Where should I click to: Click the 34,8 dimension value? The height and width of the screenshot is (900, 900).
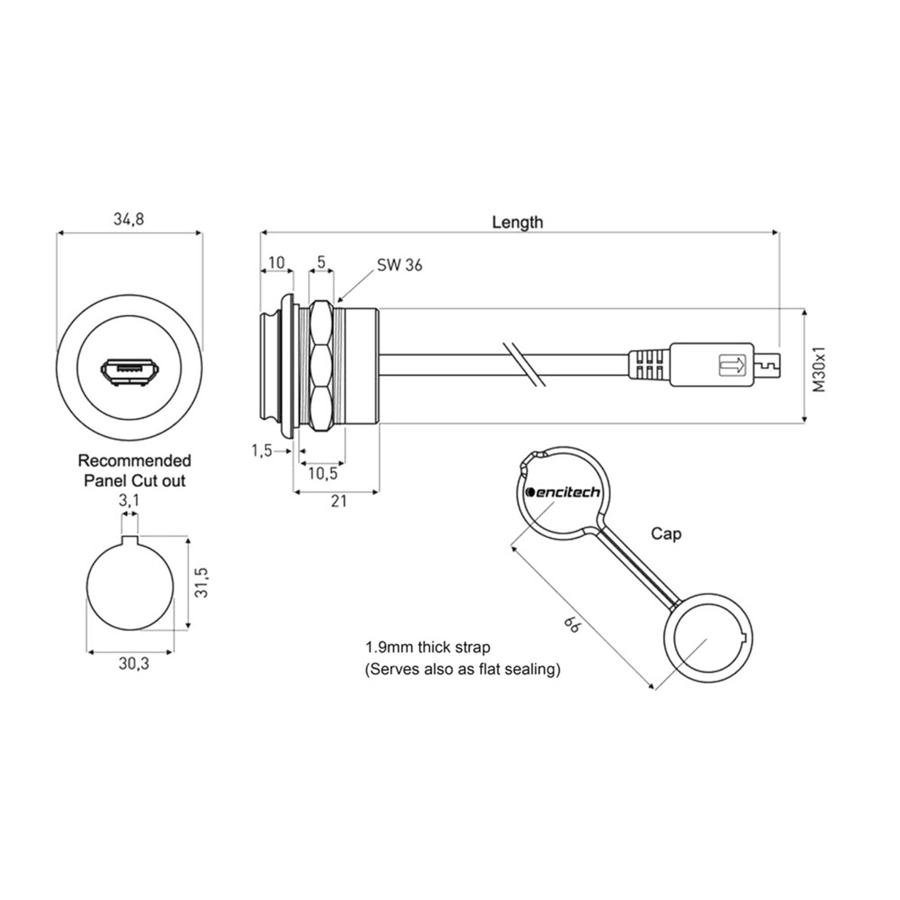click(x=129, y=219)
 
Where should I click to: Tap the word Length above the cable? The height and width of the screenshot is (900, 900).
click(x=517, y=222)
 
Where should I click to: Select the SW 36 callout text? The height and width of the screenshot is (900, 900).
click(x=399, y=265)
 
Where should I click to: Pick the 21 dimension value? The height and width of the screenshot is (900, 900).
click(x=339, y=501)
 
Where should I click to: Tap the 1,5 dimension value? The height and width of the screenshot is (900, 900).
click(x=262, y=450)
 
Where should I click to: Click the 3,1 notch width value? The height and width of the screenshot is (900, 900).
click(x=129, y=501)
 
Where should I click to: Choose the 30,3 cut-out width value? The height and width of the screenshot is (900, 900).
click(x=134, y=664)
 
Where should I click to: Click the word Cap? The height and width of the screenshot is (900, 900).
click(x=666, y=534)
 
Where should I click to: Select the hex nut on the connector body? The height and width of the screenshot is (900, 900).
click(x=321, y=365)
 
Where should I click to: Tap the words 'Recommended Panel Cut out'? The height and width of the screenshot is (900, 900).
click(x=135, y=471)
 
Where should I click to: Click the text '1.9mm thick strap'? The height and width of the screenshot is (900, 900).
click(x=428, y=647)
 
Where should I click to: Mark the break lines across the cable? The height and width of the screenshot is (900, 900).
click(x=525, y=365)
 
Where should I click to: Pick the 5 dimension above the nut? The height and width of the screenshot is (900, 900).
click(x=321, y=262)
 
